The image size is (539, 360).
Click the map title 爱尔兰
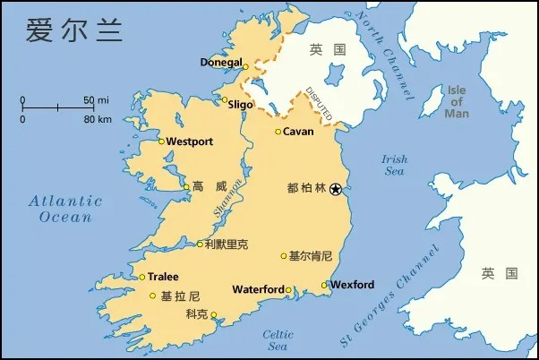coord(73,29)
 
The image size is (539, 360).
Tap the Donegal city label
coord(221,63)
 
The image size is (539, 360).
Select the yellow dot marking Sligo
coord(225,100)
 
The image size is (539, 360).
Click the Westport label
coord(190,141)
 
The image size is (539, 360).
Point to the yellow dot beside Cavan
coord(278,132)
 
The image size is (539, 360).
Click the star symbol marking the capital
coord(336,188)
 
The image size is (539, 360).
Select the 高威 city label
coord(210,187)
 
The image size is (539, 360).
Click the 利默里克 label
coord(226,244)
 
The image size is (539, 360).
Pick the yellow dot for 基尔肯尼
coord(284,255)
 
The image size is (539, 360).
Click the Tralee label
coord(163,277)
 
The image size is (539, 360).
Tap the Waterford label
coord(258,289)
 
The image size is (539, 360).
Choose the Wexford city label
coord(352,285)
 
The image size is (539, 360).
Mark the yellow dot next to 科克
coord(213,314)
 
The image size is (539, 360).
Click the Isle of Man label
coord(457,101)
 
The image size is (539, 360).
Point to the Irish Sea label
coord(394,165)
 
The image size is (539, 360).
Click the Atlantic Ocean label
coord(64,209)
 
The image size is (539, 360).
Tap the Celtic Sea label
coord(278,340)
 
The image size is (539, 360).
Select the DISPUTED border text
coord(319,104)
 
